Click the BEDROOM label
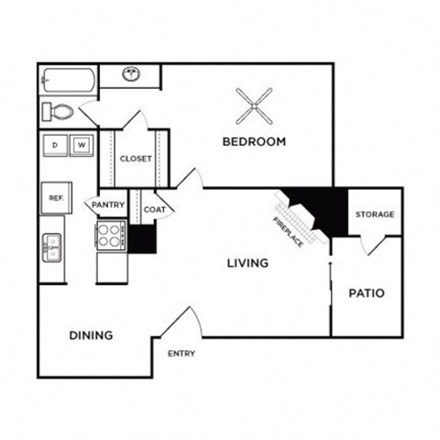tap(255, 142)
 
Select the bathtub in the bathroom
tap(68, 80)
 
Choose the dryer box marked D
tap(55, 145)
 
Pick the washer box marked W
tap(81, 145)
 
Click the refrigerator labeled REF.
tap(55, 197)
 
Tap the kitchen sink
tap(51, 247)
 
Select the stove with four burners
tap(112, 236)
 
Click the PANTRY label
tap(107, 204)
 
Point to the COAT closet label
tap(154, 209)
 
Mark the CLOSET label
tap(136, 159)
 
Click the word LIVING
tap(247, 263)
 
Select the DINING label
tap(92, 335)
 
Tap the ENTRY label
tap(181, 354)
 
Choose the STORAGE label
tap(375, 214)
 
